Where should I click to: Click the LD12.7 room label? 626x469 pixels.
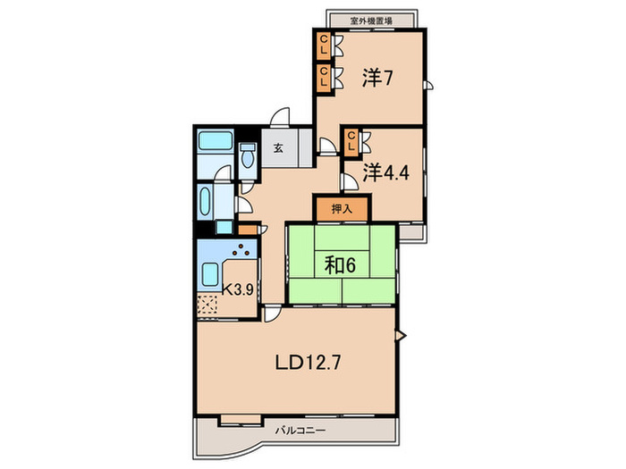tap(309, 363)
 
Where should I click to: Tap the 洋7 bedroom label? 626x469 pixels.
tap(377, 79)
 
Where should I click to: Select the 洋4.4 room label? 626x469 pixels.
tap(385, 173)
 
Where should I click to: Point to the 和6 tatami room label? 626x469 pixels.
tap(340, 265)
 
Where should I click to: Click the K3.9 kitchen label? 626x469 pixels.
tap(238, 289)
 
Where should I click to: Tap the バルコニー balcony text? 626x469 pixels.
tap(300, 431)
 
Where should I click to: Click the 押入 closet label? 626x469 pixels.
tap(343, 208)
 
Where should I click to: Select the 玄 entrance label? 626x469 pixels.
tap(279, 148)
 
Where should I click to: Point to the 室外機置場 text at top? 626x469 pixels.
tap(371, 21)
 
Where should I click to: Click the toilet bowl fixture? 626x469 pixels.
tap(248, 156)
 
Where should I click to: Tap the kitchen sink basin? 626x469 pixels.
tap(210, 275)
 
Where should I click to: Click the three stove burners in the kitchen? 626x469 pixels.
tap(241, 250)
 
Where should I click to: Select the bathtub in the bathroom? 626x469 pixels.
tap(216, 141)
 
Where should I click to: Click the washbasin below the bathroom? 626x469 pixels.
tap(205, 202)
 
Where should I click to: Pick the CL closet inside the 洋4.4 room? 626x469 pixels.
tap(351, 141)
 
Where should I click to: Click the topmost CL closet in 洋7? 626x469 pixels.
tap(324, 45)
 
